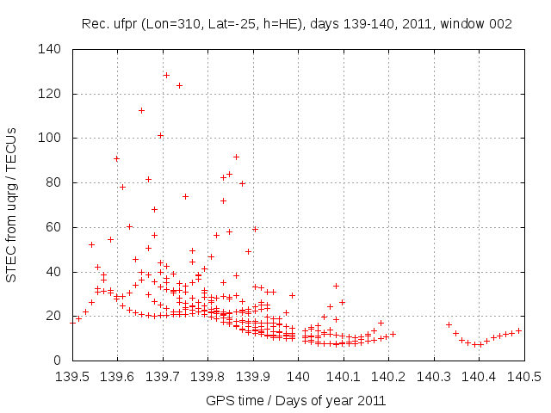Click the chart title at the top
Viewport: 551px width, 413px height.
(x=297, y=24)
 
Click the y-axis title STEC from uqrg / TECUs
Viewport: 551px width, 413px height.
(x=12, y=205)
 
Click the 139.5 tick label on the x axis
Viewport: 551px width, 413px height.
(x=72, y=376)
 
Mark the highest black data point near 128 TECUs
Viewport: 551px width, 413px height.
(x=166, y=75)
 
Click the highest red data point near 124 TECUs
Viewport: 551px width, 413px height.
(x=179, y=85)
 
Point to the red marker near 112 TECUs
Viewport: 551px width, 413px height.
(x=141, y=110)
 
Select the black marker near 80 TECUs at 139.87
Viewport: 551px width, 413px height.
(x=242, y=183)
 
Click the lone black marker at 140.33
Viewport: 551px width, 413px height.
(x=449, y=324)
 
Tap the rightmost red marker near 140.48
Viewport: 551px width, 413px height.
(x=518, y=330)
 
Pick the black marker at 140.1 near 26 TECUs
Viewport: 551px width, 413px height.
(x=342, y=302)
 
